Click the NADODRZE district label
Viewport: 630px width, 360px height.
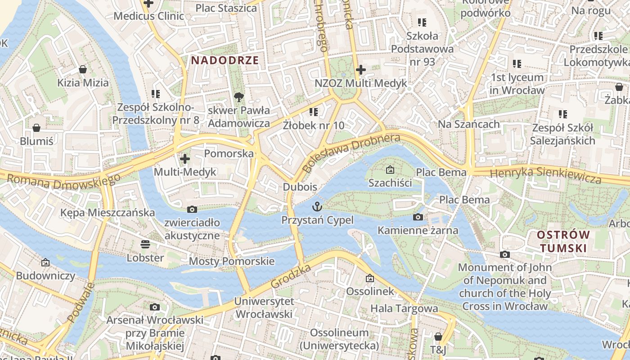click(225, 60)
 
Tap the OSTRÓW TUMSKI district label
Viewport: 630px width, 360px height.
click(563, 241)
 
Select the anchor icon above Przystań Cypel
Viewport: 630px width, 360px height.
click(318, 207)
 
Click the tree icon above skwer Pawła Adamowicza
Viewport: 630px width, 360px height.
click(239, 97)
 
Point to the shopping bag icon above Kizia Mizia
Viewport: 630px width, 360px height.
click(83, 69)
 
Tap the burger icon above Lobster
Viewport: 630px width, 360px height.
click(145, 244)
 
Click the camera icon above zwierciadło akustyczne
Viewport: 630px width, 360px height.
click(192, 209)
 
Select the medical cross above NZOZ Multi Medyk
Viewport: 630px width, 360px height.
click(360, 70)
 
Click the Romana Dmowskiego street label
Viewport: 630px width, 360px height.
click(64, 181)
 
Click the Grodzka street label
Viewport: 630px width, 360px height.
click(291, 276)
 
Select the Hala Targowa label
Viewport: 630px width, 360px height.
click(404, 308)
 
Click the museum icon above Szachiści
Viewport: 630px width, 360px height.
click(390, 170)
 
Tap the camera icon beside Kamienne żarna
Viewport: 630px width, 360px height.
click(418, 217)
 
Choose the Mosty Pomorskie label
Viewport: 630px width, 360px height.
click(231, 261)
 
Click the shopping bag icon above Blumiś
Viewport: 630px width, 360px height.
click(36, 128)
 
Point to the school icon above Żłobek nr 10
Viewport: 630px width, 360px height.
click(314, 112)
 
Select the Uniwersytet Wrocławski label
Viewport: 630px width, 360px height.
click(264, 307)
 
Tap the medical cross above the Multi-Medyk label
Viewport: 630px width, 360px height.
click(184, 159)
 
